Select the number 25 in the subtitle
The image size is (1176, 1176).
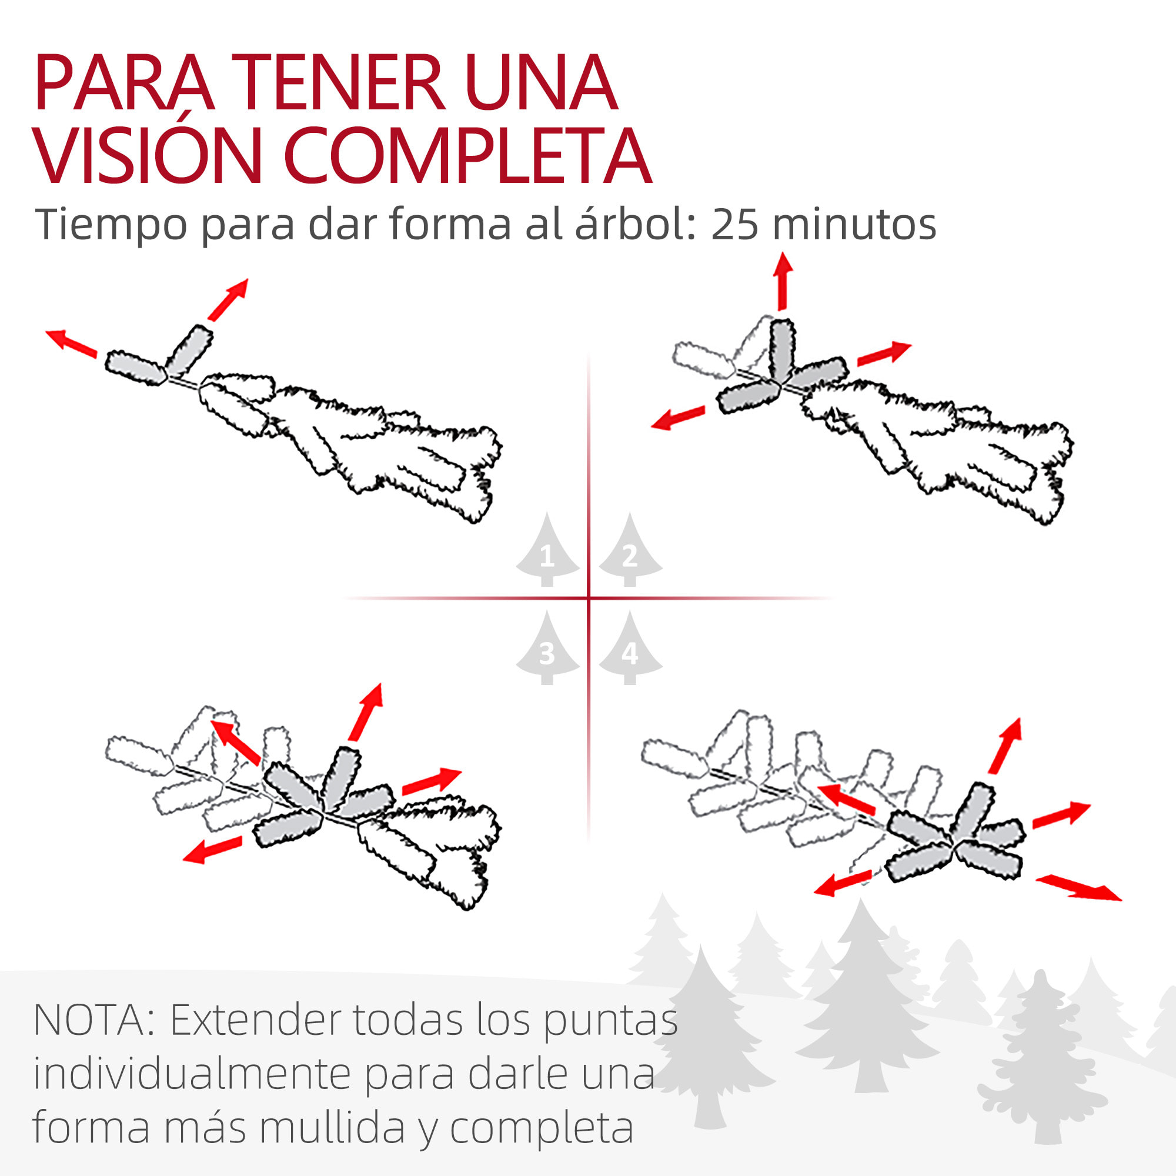pos(734,225)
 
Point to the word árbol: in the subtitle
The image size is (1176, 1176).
pos(636,225)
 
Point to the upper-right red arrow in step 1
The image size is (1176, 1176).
pos(228,299)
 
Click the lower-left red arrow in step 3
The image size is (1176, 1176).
pos(212,850)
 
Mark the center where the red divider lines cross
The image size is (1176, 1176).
pos(589,599)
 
